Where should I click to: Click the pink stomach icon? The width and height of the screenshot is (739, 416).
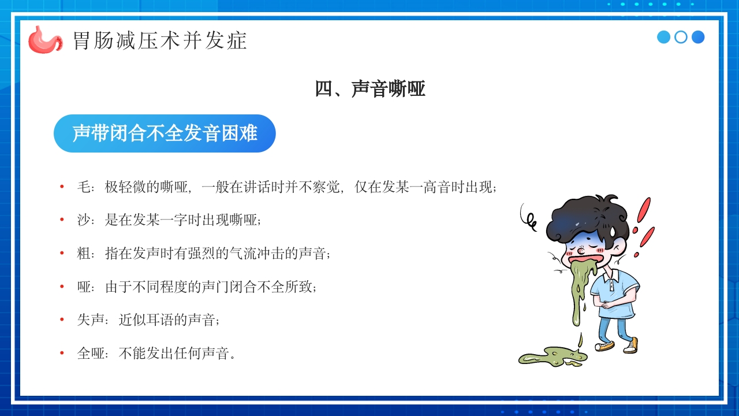(x=44, y=39)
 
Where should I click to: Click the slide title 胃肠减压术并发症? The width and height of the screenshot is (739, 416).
(x=160, y=40)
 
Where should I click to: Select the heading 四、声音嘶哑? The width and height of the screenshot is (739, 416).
(x=369, y=89)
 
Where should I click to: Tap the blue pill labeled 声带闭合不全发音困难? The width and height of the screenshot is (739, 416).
(x=165, y=133)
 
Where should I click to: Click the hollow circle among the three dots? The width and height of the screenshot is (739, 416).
(x=681, y=37)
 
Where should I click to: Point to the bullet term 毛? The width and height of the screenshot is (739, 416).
(x=84, y=187)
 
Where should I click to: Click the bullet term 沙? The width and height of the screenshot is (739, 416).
(x=84, y=220)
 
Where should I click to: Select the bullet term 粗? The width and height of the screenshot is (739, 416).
(x=84, y=253)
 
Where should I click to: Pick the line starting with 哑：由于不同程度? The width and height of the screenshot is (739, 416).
(x=196, y=287)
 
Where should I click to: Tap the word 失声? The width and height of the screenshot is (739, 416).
(x=91, y=320)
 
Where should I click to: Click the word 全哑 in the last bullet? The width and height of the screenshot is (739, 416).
(x=91, y=353)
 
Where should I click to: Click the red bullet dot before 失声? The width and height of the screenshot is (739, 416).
(x=62, y=320)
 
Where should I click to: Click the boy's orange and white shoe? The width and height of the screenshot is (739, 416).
(x=631, y=345)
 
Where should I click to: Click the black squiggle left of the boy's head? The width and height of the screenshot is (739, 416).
(x=528, y=215)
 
